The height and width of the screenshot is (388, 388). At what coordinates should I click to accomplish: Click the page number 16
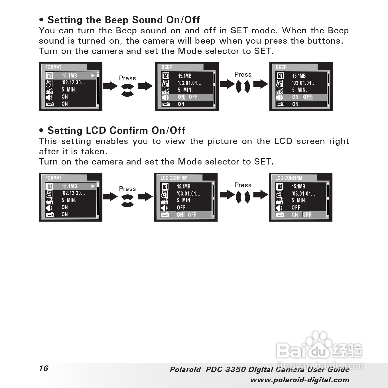[44, 368]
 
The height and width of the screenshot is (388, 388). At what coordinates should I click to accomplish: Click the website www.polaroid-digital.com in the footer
[300, 380]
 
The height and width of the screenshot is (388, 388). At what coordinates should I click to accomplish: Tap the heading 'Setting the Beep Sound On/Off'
[123, 20]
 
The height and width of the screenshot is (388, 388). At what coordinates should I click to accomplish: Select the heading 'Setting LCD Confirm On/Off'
[116, 131]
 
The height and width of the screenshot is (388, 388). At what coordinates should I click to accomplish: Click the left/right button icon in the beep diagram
[243, 86]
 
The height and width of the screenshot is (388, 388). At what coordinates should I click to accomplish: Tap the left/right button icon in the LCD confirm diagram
[243, 197]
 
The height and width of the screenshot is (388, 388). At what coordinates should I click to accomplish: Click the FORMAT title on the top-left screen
[53, 67]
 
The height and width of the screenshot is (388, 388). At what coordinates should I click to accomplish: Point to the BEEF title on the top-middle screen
[167, 67]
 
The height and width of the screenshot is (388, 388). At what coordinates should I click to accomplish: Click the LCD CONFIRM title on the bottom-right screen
[289, 178]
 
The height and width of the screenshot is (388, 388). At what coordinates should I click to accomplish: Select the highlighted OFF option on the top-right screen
[307, 97]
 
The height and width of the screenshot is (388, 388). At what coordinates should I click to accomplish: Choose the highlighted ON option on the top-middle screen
[181, 97]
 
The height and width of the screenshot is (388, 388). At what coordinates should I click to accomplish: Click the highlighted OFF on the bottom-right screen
[307, 215]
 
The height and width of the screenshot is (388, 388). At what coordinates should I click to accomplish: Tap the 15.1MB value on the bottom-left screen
[69, 186]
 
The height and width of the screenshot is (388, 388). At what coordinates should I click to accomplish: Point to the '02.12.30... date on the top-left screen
[73, 83]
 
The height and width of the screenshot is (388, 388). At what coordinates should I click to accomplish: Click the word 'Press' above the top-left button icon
[127, 78]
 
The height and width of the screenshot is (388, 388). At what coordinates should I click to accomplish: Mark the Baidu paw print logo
[319, 342]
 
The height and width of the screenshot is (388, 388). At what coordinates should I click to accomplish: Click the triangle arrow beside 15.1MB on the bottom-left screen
[93, 186]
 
